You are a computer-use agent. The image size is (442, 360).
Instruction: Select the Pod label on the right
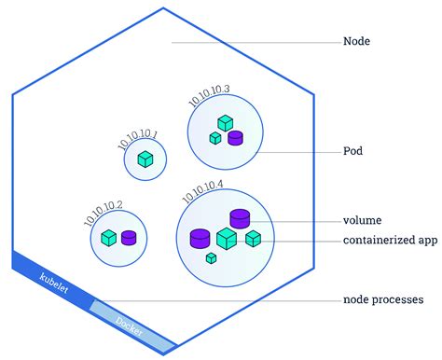tap(354, 150)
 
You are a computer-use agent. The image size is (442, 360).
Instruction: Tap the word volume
tap(363, 221)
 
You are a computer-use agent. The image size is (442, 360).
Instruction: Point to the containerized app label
tap(390, 241)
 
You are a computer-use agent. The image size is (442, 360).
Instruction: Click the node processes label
tap(383, 299)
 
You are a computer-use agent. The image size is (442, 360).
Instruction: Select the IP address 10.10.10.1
tap(138, 139)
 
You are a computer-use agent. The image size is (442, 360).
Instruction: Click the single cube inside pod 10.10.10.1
tap(145, 159)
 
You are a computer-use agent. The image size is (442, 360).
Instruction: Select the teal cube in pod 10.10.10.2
tap(109, 238)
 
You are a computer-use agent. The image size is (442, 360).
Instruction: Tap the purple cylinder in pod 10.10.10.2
tap(129, 238)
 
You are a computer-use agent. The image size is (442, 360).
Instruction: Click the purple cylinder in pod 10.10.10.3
tap(235, 138)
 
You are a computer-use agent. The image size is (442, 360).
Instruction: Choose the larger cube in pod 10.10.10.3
tap(225, 123)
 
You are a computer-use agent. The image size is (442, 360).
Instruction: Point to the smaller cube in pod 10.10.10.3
tap(215, 138)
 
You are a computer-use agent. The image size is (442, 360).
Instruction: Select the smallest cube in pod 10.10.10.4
tap(212, 257)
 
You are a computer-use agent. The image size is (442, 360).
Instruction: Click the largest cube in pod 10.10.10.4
tap(226, 239)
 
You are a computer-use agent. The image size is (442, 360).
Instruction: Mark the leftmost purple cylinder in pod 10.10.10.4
tap(200, 238)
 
